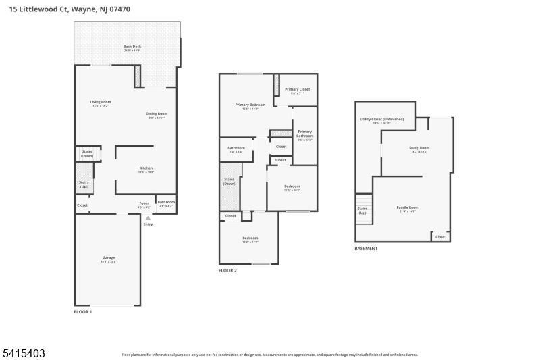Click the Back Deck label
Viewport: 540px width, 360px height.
pyautogui.click(x=132, y=47)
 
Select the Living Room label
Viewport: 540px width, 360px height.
pyautogui.click(x=100, y=102)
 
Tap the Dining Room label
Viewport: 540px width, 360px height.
pyautogui.click(x=157, y=113)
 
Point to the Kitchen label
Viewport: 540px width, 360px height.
pyautogui.click(x=146, y=168)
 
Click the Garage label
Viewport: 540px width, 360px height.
pyautogui.click(x=108, y=257)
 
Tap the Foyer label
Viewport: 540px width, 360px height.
pyautogui.click(x=144, y=203)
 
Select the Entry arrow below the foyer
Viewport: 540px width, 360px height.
pyautogui.click(x=148, y=217)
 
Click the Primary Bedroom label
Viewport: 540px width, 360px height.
pyautogui.click(x=250, y=105)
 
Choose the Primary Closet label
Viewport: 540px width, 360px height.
pyautogui.click(x=297, y=89)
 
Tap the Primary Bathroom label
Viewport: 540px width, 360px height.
pyautogui.click(x=304, y=134)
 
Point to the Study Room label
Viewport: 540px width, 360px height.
pyautogui.click(x=418, y=147)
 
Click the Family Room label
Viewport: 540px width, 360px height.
pyautogui.click(x=408, y=207)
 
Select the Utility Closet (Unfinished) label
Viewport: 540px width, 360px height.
pyautogui.click(x=381, y=119)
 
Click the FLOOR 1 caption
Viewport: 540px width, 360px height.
pyautogui.click(x=83, y=312)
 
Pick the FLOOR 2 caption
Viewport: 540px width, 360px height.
pyautogui.click(x=227, y=270)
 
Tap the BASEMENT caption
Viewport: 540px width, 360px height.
pyautogui.click(x=366, y=248)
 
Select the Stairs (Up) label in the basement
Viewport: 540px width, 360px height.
pyautogui.click(x=362, y=211)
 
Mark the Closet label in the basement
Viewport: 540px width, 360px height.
pyautogui.click(x=440, y=236)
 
